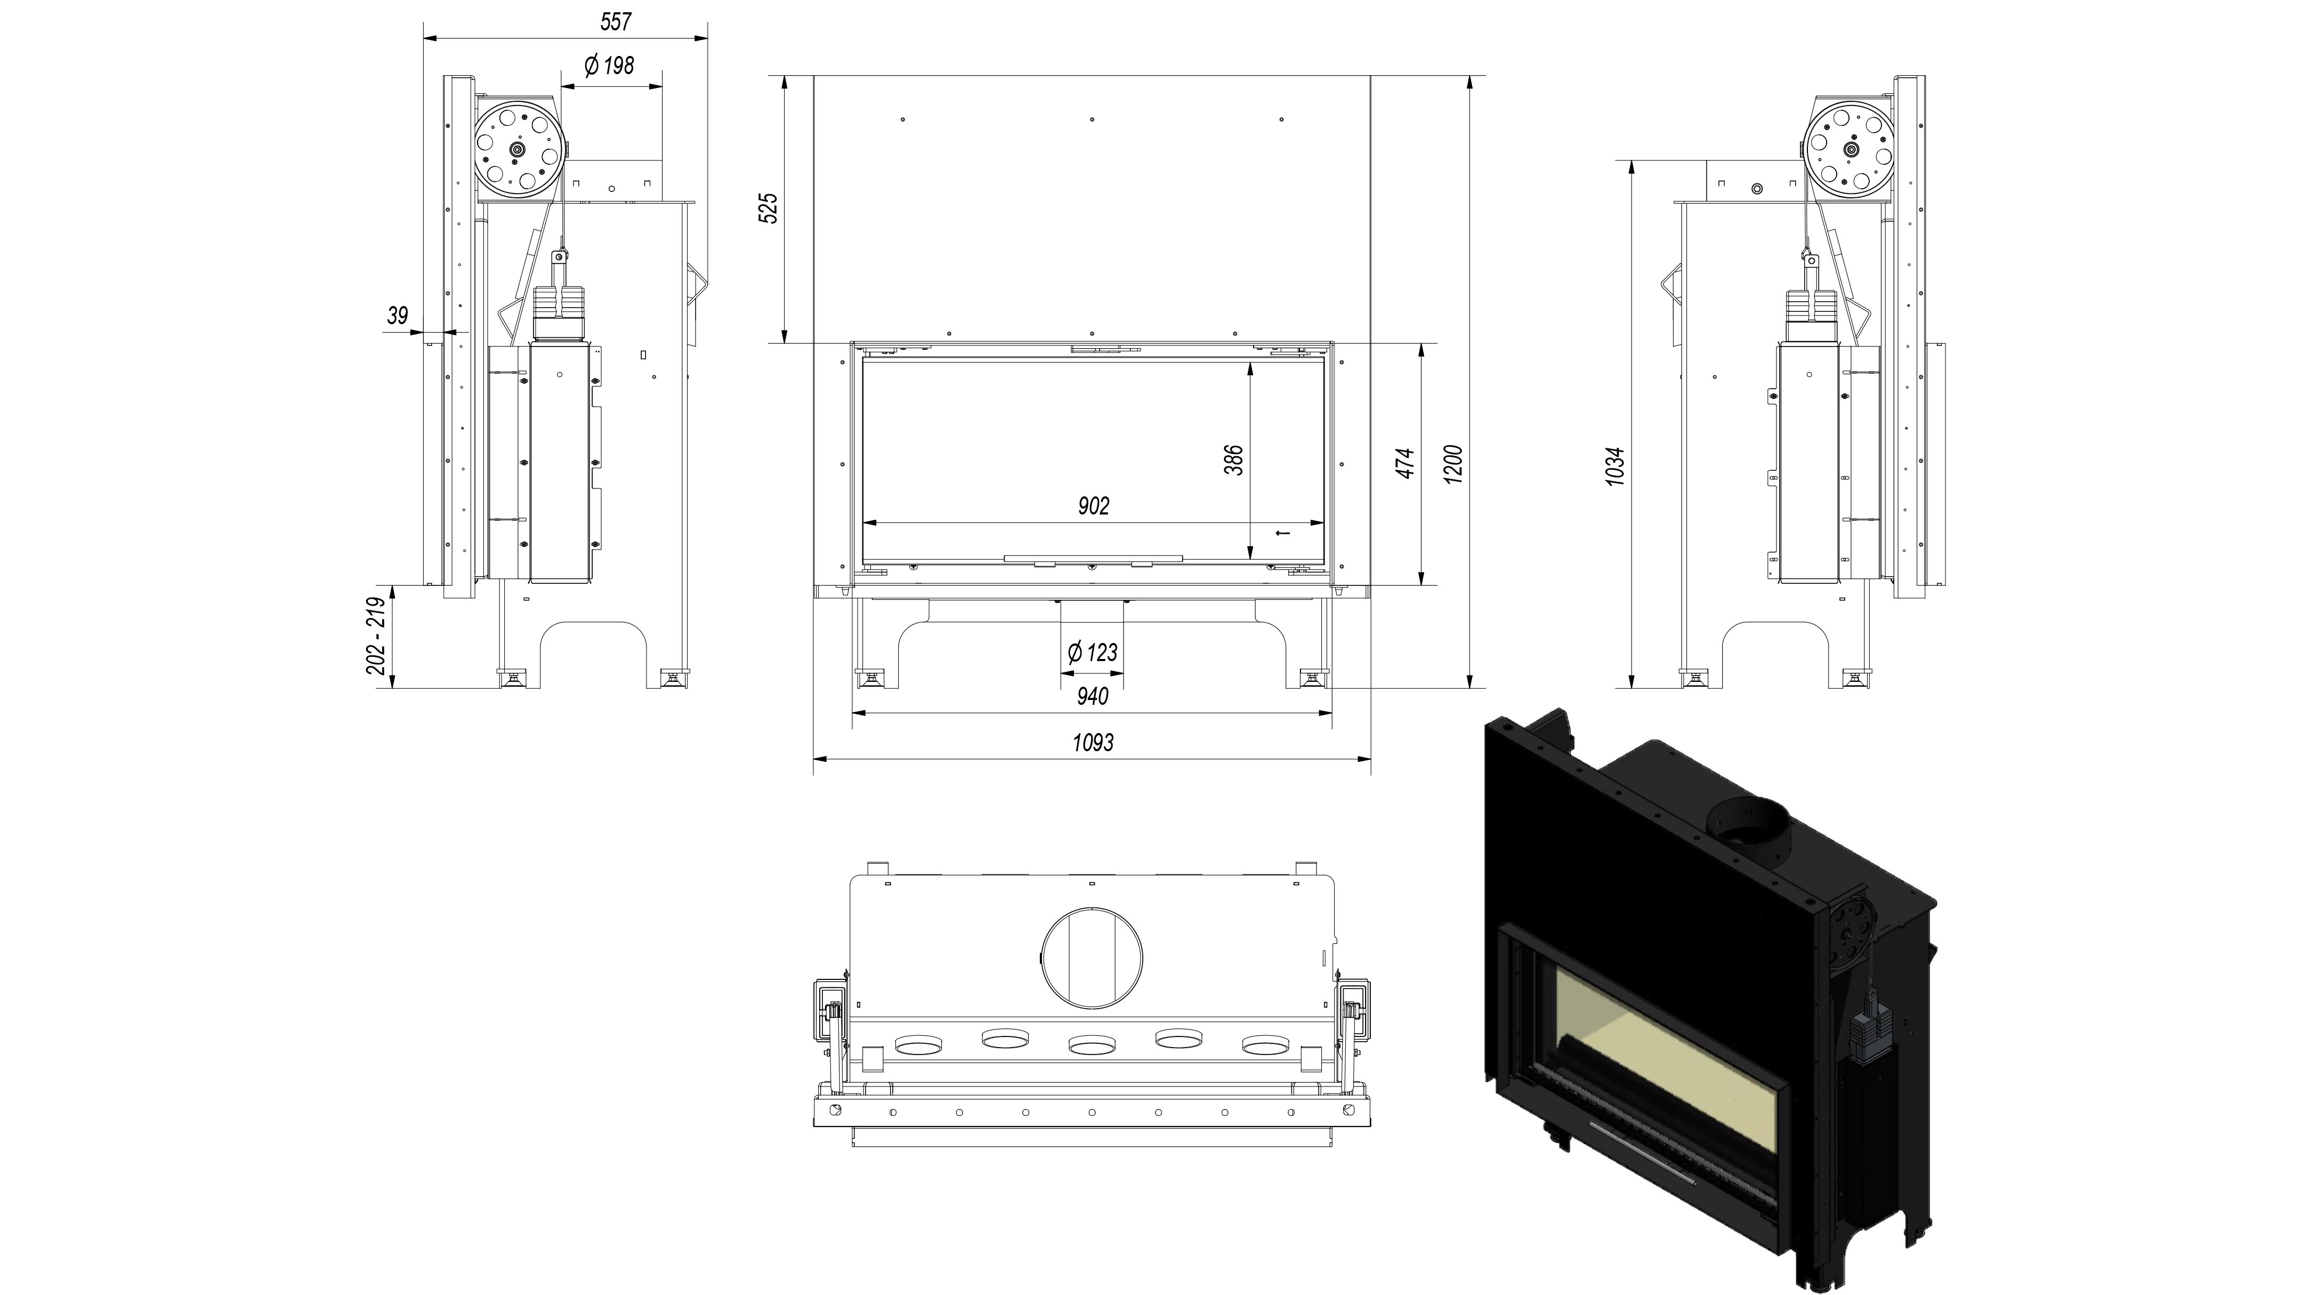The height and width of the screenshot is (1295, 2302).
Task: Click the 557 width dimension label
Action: (x=616, y=21)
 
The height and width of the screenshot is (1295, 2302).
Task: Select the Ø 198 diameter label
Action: (x=609, y=65)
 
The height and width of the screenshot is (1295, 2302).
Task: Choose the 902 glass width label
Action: (x=1093, y=506)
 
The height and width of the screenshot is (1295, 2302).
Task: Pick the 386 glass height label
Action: (x=1233, y=460)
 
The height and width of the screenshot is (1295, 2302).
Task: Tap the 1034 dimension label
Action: (x=1615, y=466)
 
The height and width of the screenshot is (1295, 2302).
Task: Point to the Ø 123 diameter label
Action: (x=1092, y=653)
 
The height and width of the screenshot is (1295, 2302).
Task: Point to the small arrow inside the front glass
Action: (x=1282, y=534)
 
